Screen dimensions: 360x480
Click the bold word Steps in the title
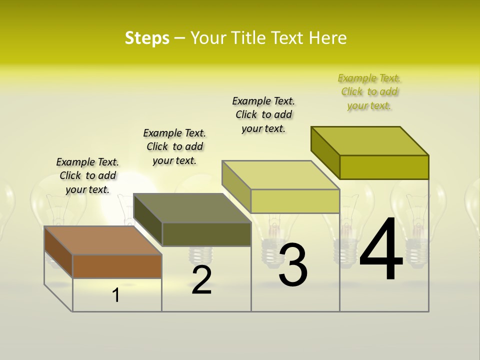coord(147,38)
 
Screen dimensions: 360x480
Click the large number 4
coord(381,250)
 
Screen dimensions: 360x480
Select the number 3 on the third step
coord(293,264)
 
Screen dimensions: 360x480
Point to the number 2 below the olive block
coord(201,280)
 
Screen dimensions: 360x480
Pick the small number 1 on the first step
coord(116,295)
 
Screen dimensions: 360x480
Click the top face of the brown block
coord(102,240)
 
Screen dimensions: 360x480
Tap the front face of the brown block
coord(117,266)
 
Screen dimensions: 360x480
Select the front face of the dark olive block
coord(206,234)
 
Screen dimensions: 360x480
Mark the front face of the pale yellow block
coord(295,201)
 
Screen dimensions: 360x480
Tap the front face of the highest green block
coord(384,167)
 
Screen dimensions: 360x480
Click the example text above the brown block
coord(87,175)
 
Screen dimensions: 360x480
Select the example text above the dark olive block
coord(174,146)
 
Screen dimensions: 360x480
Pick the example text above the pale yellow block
coord(263,114)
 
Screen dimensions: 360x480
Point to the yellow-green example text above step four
coord(369,91)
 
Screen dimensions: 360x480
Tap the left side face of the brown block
coord(58,251)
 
